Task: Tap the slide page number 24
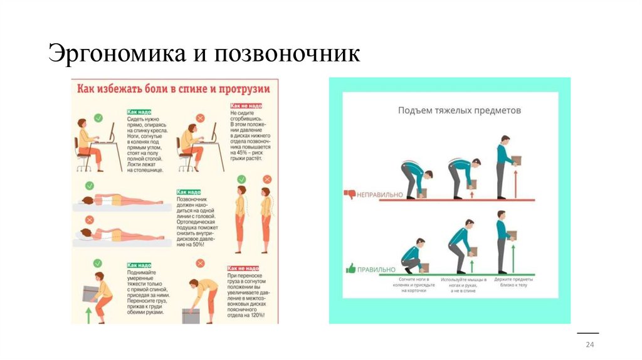tap(589, 346)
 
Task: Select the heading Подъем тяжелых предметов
tap(460, 110)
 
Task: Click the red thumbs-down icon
tap(350, 194)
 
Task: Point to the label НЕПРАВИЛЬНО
tap(381, 195)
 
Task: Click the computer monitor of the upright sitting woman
tap(112, 134)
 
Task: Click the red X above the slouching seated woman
tap(200, 118)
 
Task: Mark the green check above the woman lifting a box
tap(98, 263)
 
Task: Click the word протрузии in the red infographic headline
tap(244, 89)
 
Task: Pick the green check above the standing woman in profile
tap(241, 179)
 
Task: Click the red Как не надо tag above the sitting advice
tap(245, 107)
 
